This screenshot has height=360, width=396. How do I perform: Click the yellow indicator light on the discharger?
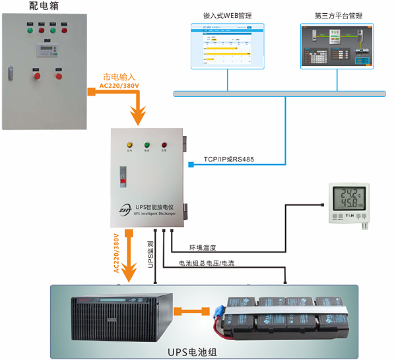pyautogui.click(x=129, y=144)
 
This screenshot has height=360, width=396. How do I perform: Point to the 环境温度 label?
pyautogui.click(x=203, y=249)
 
